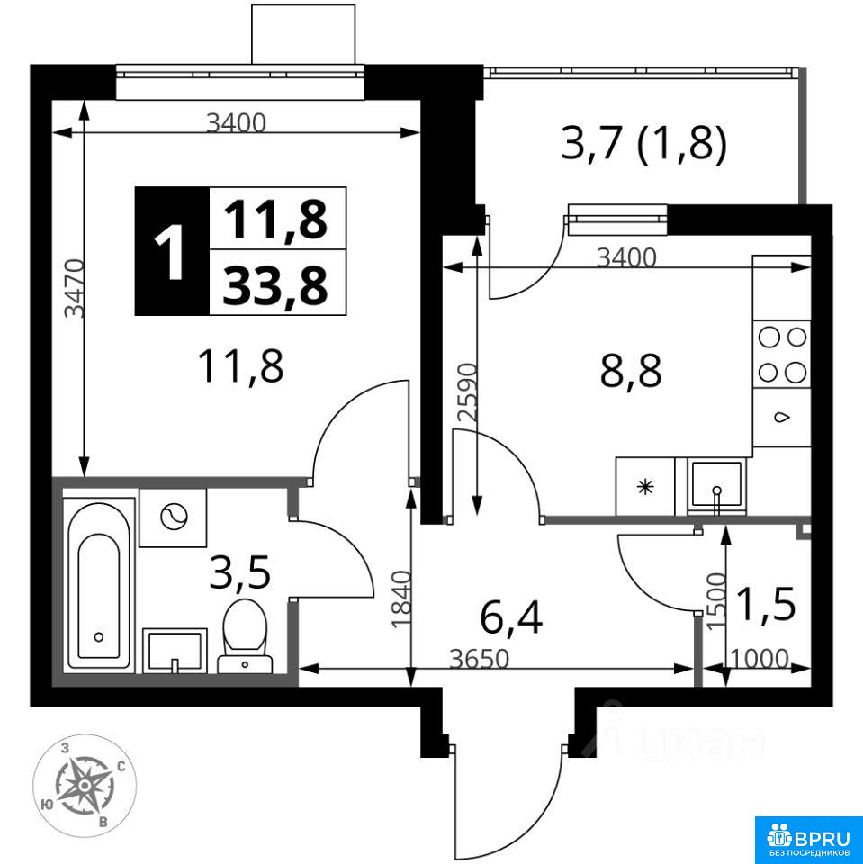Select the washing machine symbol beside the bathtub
[173, 517]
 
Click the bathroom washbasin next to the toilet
[175, 650]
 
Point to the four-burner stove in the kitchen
[781, 355]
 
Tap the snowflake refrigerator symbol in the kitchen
[644, 487]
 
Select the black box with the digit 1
[173, 251]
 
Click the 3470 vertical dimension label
[74, 288]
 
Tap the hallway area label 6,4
[511, 617]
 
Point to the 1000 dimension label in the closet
[760, 658]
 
